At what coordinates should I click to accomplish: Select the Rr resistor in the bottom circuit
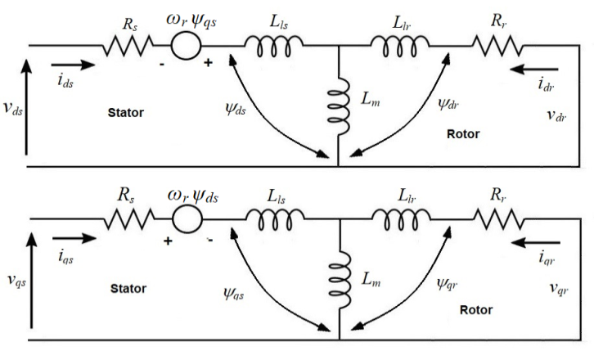(498, 219)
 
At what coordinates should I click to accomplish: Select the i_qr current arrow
(538, 242)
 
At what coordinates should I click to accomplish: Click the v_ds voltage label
(12, 110)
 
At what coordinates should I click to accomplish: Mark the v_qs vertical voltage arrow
(30, 282)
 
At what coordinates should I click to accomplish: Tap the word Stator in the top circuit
(127, 113)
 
